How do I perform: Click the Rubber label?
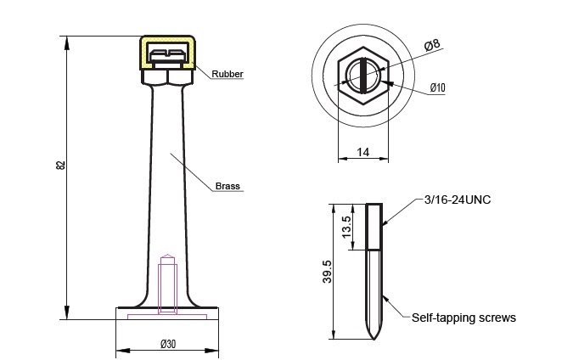[x=228, y=74]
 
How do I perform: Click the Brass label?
[x=228, y=186]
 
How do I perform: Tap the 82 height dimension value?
[x=61, y=165]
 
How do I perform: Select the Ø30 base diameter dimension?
[x=168, y=344]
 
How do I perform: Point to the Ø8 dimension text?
[x=432, y=45]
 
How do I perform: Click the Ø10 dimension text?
[x=438, y=87]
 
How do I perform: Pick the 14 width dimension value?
[x=362, y=152]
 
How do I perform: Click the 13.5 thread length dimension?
[x=346, y=227]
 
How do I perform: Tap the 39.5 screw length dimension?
[x=327, y=272]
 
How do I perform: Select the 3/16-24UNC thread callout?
[x=458, y=200]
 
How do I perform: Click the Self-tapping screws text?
[x=463, y=318]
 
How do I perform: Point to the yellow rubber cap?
[x=167, y=53]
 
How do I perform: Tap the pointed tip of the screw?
[x=374, y=338]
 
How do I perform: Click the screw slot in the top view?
[x=362, y=76]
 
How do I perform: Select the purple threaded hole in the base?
[x=167, y=284]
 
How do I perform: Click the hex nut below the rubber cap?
[x=167, y=77]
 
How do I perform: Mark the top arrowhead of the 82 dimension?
[x=66, y=42]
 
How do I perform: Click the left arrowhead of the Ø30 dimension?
[x=123, y=351]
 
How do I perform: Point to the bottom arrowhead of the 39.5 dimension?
[x=334, y=333]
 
